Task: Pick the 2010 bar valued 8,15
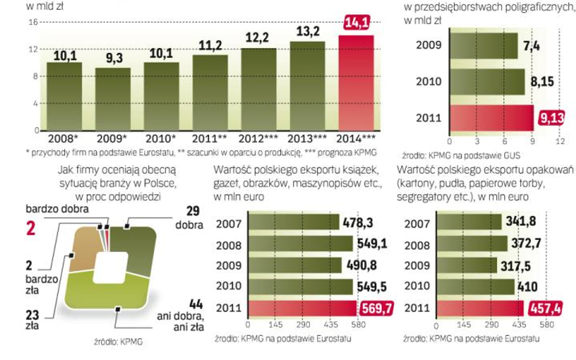coord(487,81)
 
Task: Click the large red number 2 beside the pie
coord(29,229)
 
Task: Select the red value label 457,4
coord(543,308)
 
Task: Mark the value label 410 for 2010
coord(527,287)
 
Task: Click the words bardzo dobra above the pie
coord(57,209)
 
